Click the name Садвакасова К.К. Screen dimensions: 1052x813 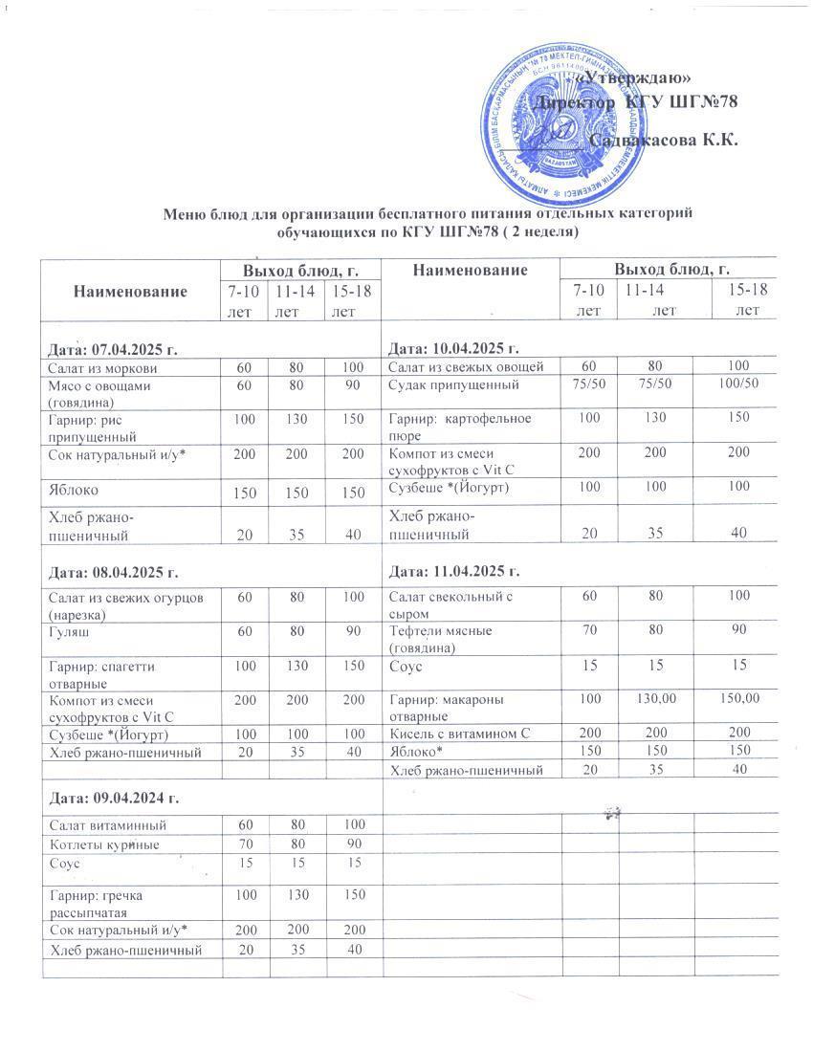pos(664,141)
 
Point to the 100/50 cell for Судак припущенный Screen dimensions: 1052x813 pos(737,384)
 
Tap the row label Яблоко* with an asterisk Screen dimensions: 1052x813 pos(416,751)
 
